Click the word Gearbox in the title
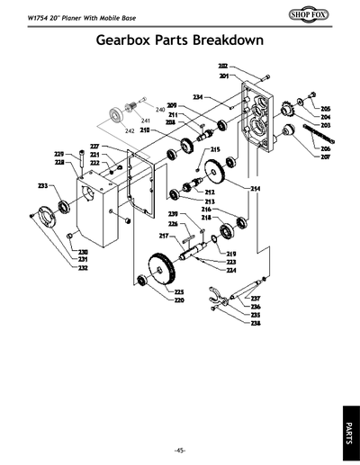137,43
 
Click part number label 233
42,186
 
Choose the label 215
216,149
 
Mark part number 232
83,268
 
